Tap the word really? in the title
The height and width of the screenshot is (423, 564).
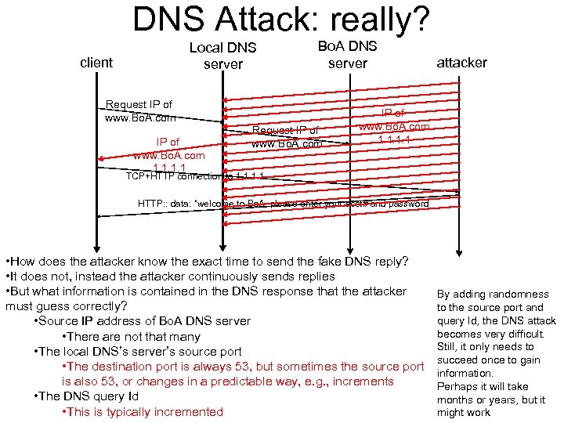[x=382, y=20]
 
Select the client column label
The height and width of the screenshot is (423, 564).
[x=96, y=62]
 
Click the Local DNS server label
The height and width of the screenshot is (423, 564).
[x=223, y=56]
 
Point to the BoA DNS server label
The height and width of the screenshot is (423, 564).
[x=347, y=54]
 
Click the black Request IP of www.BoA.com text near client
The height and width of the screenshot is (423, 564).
[x=139, y=111]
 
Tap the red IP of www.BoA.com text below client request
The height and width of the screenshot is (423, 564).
[x=168, y=155]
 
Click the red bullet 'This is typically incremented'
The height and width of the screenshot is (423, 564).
[x=142, y=411]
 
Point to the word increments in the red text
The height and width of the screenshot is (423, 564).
[x=361, y=381]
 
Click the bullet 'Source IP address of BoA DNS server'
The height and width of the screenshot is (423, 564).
[x=143, y=321]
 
